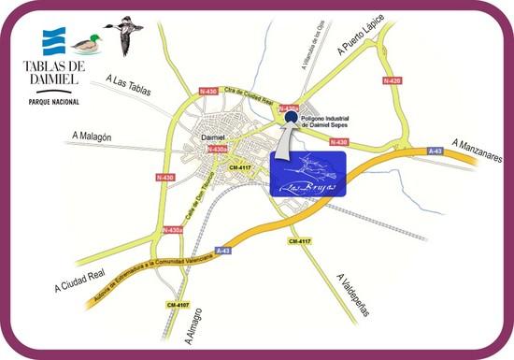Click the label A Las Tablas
pyautogui.click(x=129, y=84)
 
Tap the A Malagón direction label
pyautogui.click(x=95, y=137)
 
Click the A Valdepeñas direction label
pyautogui.click(x=356, y=282)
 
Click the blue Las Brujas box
pyautogui.click(x=308, y=170)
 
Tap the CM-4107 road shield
pyautogui.click(x=178, y=304)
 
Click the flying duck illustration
pyautogui.click(x=124, y=34)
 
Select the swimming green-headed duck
pyautogui.click(x=87, y=43)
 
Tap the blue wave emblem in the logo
pyautogui.click(x=54, y=42)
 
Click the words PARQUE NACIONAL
pyautogui.click(x=54, y=101)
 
